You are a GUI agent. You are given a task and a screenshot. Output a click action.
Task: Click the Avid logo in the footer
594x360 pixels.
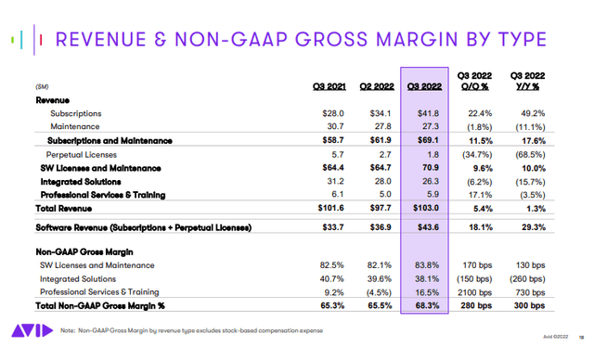(27, 331)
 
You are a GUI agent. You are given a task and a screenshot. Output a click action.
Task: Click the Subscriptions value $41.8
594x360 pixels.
(425, 111)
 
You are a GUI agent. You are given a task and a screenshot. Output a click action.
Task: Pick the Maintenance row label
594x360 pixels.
(75, 125)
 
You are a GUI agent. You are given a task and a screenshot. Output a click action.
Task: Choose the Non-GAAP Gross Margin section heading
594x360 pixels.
(84, 252)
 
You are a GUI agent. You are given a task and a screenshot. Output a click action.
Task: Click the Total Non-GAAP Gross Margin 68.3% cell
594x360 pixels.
(424, 303)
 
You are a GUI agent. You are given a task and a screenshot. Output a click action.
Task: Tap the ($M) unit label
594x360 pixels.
(43, 86)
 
